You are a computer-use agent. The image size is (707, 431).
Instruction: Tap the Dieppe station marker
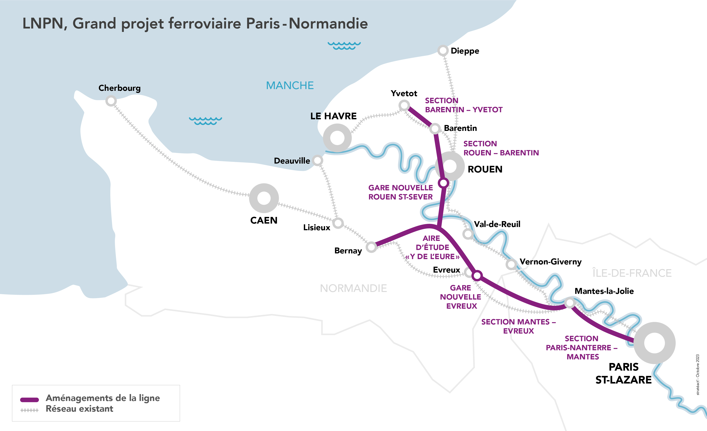pyautogui.click(x=443, y=51)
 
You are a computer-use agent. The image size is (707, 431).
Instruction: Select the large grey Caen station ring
pyautogui.click(x=264, y=198)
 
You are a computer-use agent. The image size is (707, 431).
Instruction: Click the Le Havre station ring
pyautogui.click(x=337, y=138)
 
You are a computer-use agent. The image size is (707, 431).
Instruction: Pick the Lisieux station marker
pyautogui.click(x=338, y=223)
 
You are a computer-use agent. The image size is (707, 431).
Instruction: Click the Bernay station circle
pyautogui.click(x=371, y=247)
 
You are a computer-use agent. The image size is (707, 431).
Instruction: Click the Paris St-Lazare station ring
pyautogui.click(x=654, y=343)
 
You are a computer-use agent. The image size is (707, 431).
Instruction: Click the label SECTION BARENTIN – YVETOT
pyautogui.click(x=463, y=105)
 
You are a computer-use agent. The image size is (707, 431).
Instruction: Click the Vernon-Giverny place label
pyautogui.click(x=550, y=262)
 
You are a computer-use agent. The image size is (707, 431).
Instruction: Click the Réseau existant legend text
pyautogui.click(x=80, y=409)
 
